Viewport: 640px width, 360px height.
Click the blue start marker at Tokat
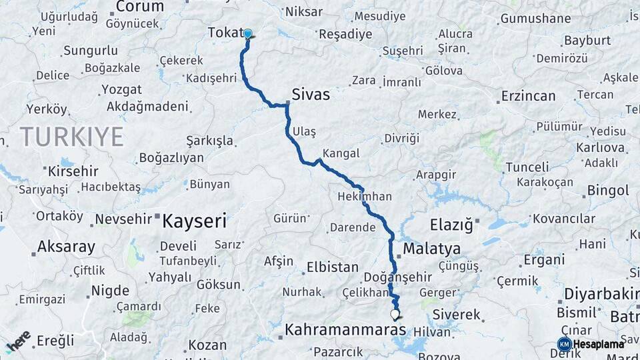(248, 34)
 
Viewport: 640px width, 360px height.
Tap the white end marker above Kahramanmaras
(395, 314)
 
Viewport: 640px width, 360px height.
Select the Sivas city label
(311, 95)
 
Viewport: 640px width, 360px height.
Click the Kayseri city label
(195, 220)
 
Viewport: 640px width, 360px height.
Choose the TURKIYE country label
(71, 137)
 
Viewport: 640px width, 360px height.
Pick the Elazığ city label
(451, 225)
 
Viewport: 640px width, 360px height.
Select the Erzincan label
(529, 96)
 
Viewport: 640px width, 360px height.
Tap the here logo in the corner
(18, 341)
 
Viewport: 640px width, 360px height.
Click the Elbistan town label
(332, 267)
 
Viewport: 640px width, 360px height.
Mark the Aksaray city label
(66, 247)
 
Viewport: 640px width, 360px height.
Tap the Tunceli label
(527, 167)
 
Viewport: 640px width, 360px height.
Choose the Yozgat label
(121, 89)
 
